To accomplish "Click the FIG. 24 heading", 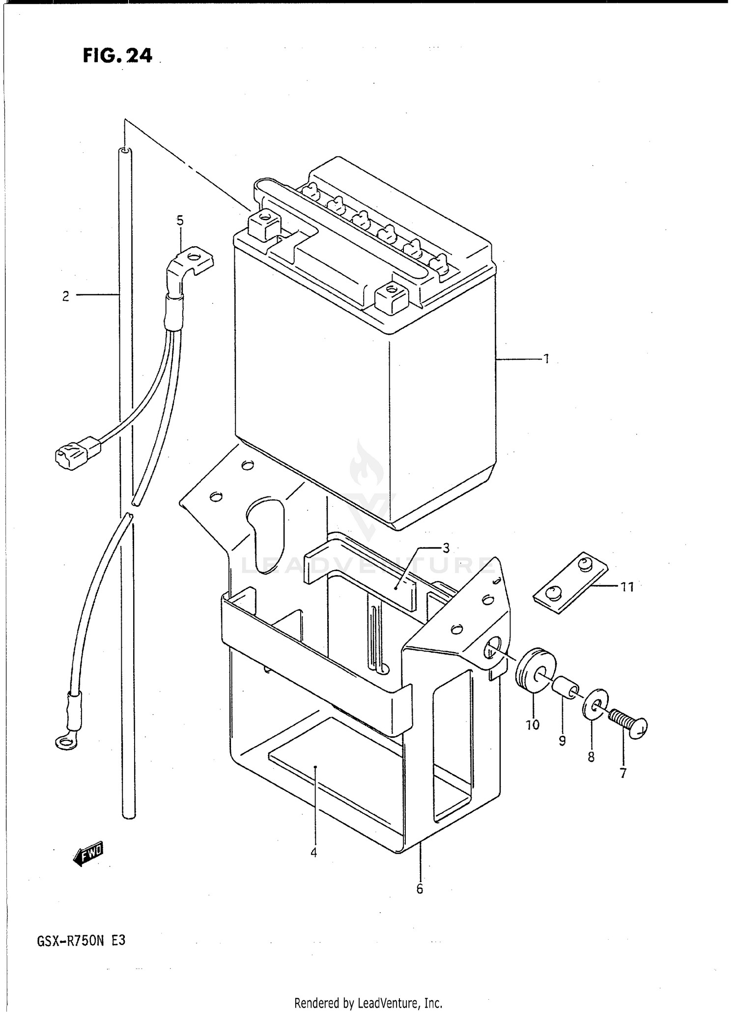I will [117, 56].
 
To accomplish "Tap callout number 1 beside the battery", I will [545, 359].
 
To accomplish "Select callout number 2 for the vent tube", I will [65, 296].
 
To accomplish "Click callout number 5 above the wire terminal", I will [180, 221].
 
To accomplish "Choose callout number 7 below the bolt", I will [623, 773].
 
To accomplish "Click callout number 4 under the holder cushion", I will [313, 852].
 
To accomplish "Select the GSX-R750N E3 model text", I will [81, 940].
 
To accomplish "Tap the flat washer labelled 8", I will [595, 704].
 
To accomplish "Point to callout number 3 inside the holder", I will [446, 549].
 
